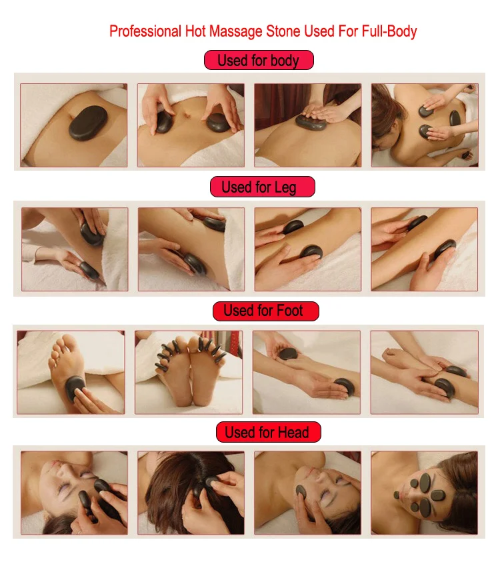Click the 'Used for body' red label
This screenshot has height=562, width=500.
259,60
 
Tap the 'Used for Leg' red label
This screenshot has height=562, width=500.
263,187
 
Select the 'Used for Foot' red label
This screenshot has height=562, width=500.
265,311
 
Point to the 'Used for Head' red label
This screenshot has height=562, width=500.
269,432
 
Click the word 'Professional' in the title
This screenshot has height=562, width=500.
145,31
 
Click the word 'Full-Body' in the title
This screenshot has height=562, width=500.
389,31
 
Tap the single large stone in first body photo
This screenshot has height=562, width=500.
88,123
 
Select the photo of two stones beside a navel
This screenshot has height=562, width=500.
191,125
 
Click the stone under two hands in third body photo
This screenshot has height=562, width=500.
311,122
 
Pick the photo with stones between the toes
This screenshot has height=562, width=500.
189,372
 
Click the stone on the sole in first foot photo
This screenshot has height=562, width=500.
75,389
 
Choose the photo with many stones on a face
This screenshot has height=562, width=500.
425,493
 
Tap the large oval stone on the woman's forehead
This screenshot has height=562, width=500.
425,483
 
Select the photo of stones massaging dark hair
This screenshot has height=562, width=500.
191,493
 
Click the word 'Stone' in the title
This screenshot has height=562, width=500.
283,31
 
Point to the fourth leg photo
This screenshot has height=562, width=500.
425,249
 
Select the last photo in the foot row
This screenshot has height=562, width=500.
425,372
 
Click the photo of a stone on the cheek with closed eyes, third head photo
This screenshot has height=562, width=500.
307,493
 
